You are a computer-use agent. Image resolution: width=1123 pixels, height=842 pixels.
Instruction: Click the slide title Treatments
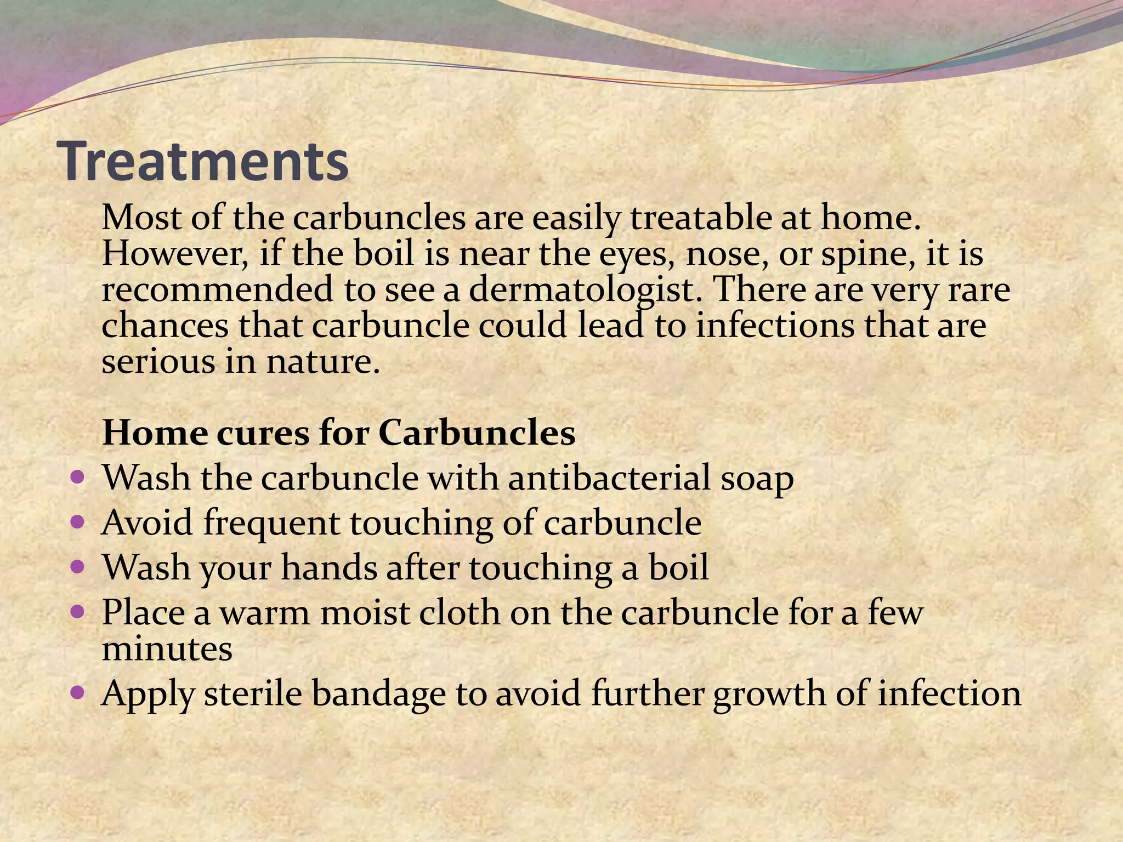click(x=206, y=161)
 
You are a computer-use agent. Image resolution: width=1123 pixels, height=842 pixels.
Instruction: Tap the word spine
click(x=867, y=254)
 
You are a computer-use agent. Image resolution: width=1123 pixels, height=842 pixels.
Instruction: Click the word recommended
click(x=218, y=290)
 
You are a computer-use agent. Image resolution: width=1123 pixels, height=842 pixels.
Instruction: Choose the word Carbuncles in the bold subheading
click(x=477, y=433)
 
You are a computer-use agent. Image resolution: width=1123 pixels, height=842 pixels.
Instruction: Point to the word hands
click(x=329, y=567)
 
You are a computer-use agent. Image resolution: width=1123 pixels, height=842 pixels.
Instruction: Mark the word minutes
click(x=167, y=649)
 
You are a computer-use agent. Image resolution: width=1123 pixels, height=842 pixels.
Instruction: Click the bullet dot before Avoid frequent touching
click(x=78, y=521)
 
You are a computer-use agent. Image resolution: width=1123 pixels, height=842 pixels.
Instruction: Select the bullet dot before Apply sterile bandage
click(x=78, y=692)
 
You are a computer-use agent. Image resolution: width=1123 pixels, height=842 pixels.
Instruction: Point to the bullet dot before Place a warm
click(x=78, y=610)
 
